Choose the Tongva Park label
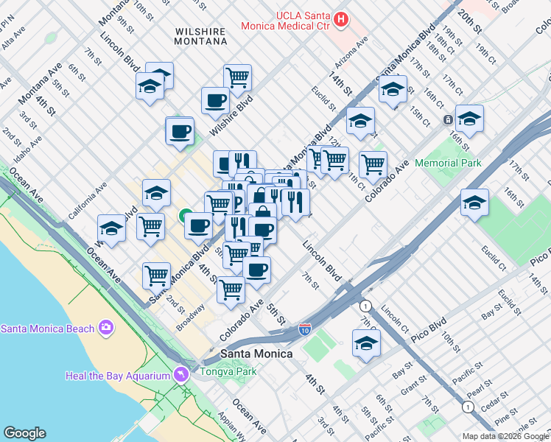tap(228, 371)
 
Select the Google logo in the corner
tap(24, 433)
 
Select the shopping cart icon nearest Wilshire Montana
tap(237, 77)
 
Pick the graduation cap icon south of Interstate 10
tap(366, 343)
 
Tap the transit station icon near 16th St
tap(447, 119)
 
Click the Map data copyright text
tap(506, 436)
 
